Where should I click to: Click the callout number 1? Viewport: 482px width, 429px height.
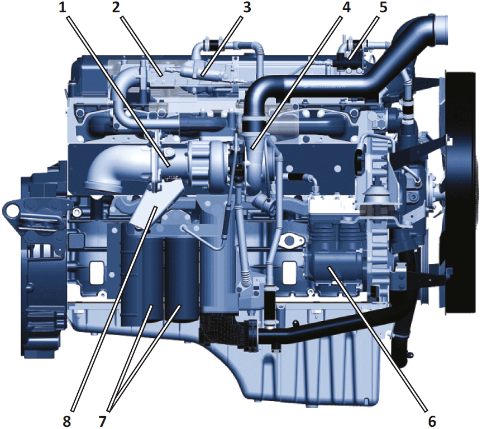coord(63,8)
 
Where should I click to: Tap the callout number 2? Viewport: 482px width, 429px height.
coord(116,8)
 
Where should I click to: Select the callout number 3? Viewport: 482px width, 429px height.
coord(247,8)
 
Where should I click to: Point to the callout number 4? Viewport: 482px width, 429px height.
coord(346,8)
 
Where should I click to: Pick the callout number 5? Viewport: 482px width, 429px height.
coord(383,8)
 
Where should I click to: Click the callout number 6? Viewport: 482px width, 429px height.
coord(432,421)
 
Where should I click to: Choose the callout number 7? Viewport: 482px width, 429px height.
coord(102,421)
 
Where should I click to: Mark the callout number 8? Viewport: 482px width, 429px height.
coord(66,421)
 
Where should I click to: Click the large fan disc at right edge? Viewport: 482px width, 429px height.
coord(462,194)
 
